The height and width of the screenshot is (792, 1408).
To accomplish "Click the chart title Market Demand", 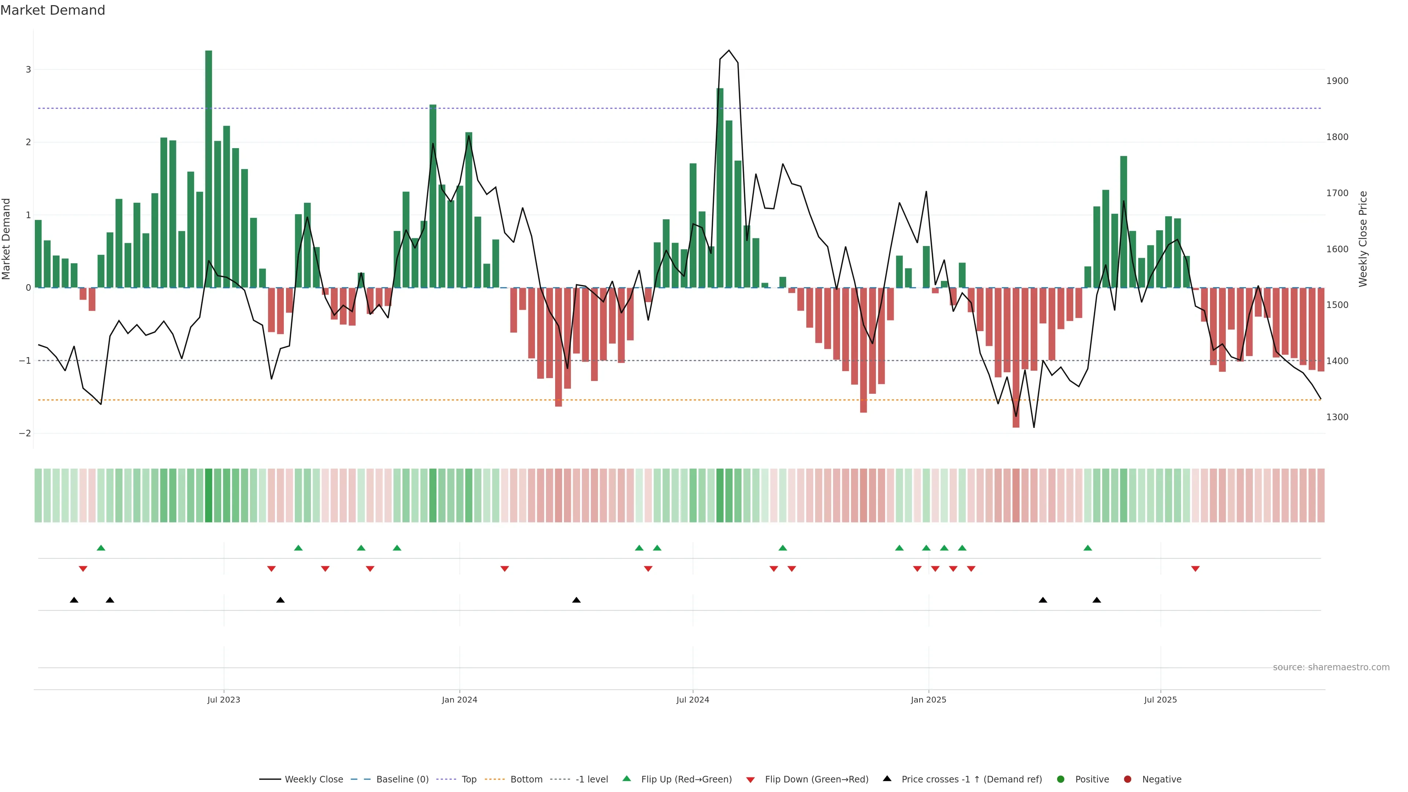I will tap(52, 10).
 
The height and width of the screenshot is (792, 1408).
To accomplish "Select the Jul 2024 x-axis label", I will tap(693, 700).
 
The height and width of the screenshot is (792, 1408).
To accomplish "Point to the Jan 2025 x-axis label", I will tap(928, 700).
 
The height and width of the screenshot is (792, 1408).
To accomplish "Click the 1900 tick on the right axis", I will tap(1337, 81).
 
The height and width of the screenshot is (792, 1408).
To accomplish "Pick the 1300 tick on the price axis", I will tap(1337, 417).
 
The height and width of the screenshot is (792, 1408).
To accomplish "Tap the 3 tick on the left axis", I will tap(29, 69).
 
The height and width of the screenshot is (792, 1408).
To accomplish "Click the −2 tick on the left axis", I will tap(25, 433).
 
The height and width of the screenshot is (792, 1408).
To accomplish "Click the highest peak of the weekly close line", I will tap(729, 50).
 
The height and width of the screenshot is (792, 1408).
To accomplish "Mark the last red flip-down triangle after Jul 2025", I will tap(1195, 569).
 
